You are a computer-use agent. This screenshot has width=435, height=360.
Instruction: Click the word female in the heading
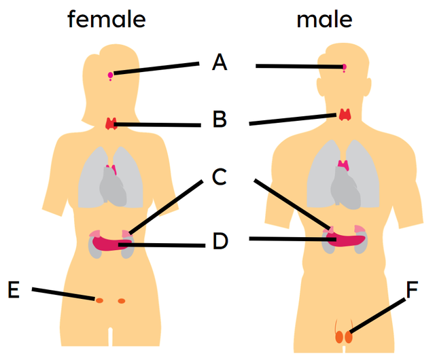[x=106, y=20]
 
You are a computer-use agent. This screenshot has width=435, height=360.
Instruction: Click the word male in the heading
[x=324, y=20]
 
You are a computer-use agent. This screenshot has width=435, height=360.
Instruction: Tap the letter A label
[x=219, y=63]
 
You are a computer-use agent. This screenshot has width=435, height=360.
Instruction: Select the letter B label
[x=219, y=120]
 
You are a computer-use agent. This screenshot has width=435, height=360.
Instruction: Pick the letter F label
[x=412, y=290]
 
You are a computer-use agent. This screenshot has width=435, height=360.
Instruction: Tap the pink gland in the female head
[x=110, y=75]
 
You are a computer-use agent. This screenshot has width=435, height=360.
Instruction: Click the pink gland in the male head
[x=344, y=67]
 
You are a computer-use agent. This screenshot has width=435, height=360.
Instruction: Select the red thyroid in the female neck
[x=111, y=124]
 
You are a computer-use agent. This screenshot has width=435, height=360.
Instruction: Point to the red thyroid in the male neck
[x=345, y=114]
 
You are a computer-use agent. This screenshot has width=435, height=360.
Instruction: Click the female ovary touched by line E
[x=99, y=300]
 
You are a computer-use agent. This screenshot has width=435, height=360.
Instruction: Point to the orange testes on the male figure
[x=345, y=336]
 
